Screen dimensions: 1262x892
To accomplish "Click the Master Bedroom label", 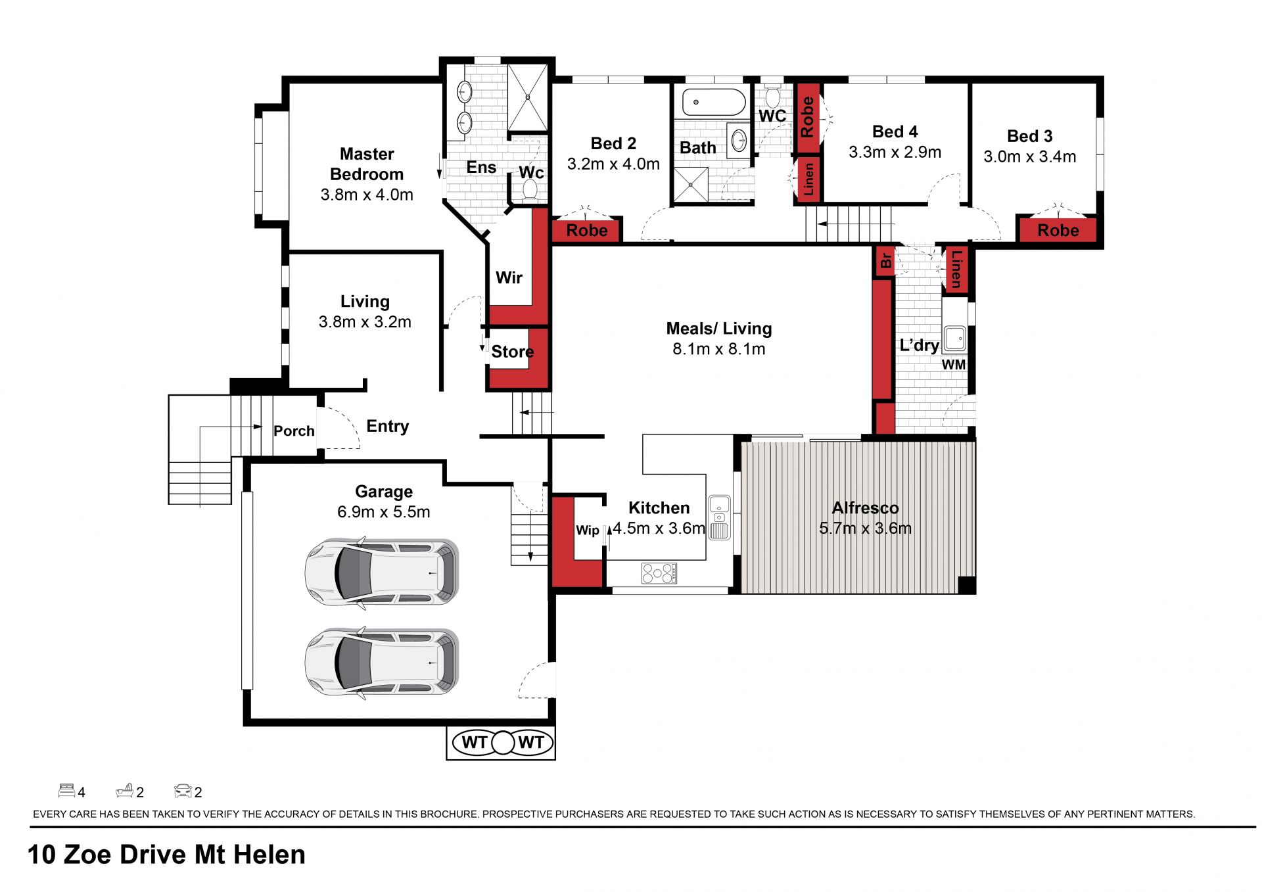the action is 367,164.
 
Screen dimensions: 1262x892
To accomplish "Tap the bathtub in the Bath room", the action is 714,103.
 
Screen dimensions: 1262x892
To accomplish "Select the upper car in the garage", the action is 381,571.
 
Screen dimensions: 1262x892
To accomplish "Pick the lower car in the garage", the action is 381,663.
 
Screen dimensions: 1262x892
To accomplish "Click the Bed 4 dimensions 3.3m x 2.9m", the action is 895,153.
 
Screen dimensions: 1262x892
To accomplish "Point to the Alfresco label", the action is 865,507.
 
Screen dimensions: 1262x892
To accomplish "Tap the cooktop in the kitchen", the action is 659,573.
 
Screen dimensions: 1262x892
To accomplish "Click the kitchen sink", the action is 720,517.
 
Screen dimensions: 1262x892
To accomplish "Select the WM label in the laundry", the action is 954,364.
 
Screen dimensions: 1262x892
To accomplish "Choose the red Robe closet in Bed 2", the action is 586,230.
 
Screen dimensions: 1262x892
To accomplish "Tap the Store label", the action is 512,352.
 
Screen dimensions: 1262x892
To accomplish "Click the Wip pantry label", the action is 588,530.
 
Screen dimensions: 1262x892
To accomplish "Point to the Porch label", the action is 294,431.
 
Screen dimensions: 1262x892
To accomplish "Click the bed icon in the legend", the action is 66,790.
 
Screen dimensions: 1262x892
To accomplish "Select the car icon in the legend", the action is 183,790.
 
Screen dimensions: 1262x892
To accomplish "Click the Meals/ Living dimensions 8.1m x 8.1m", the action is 718,349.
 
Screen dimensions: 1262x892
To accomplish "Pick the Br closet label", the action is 886,260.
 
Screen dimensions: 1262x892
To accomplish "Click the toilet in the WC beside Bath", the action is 772,95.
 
